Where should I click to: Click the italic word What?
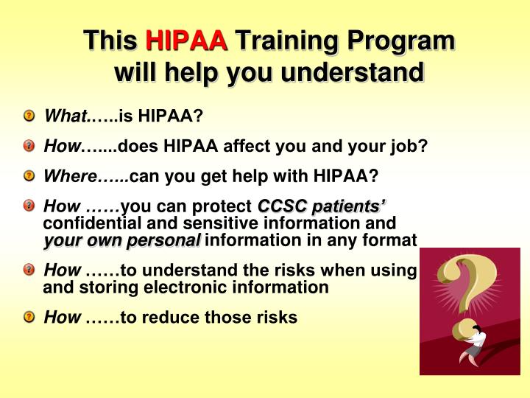65,116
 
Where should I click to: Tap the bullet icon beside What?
29,116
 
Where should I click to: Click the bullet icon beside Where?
29,175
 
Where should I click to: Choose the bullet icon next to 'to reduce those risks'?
29,318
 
